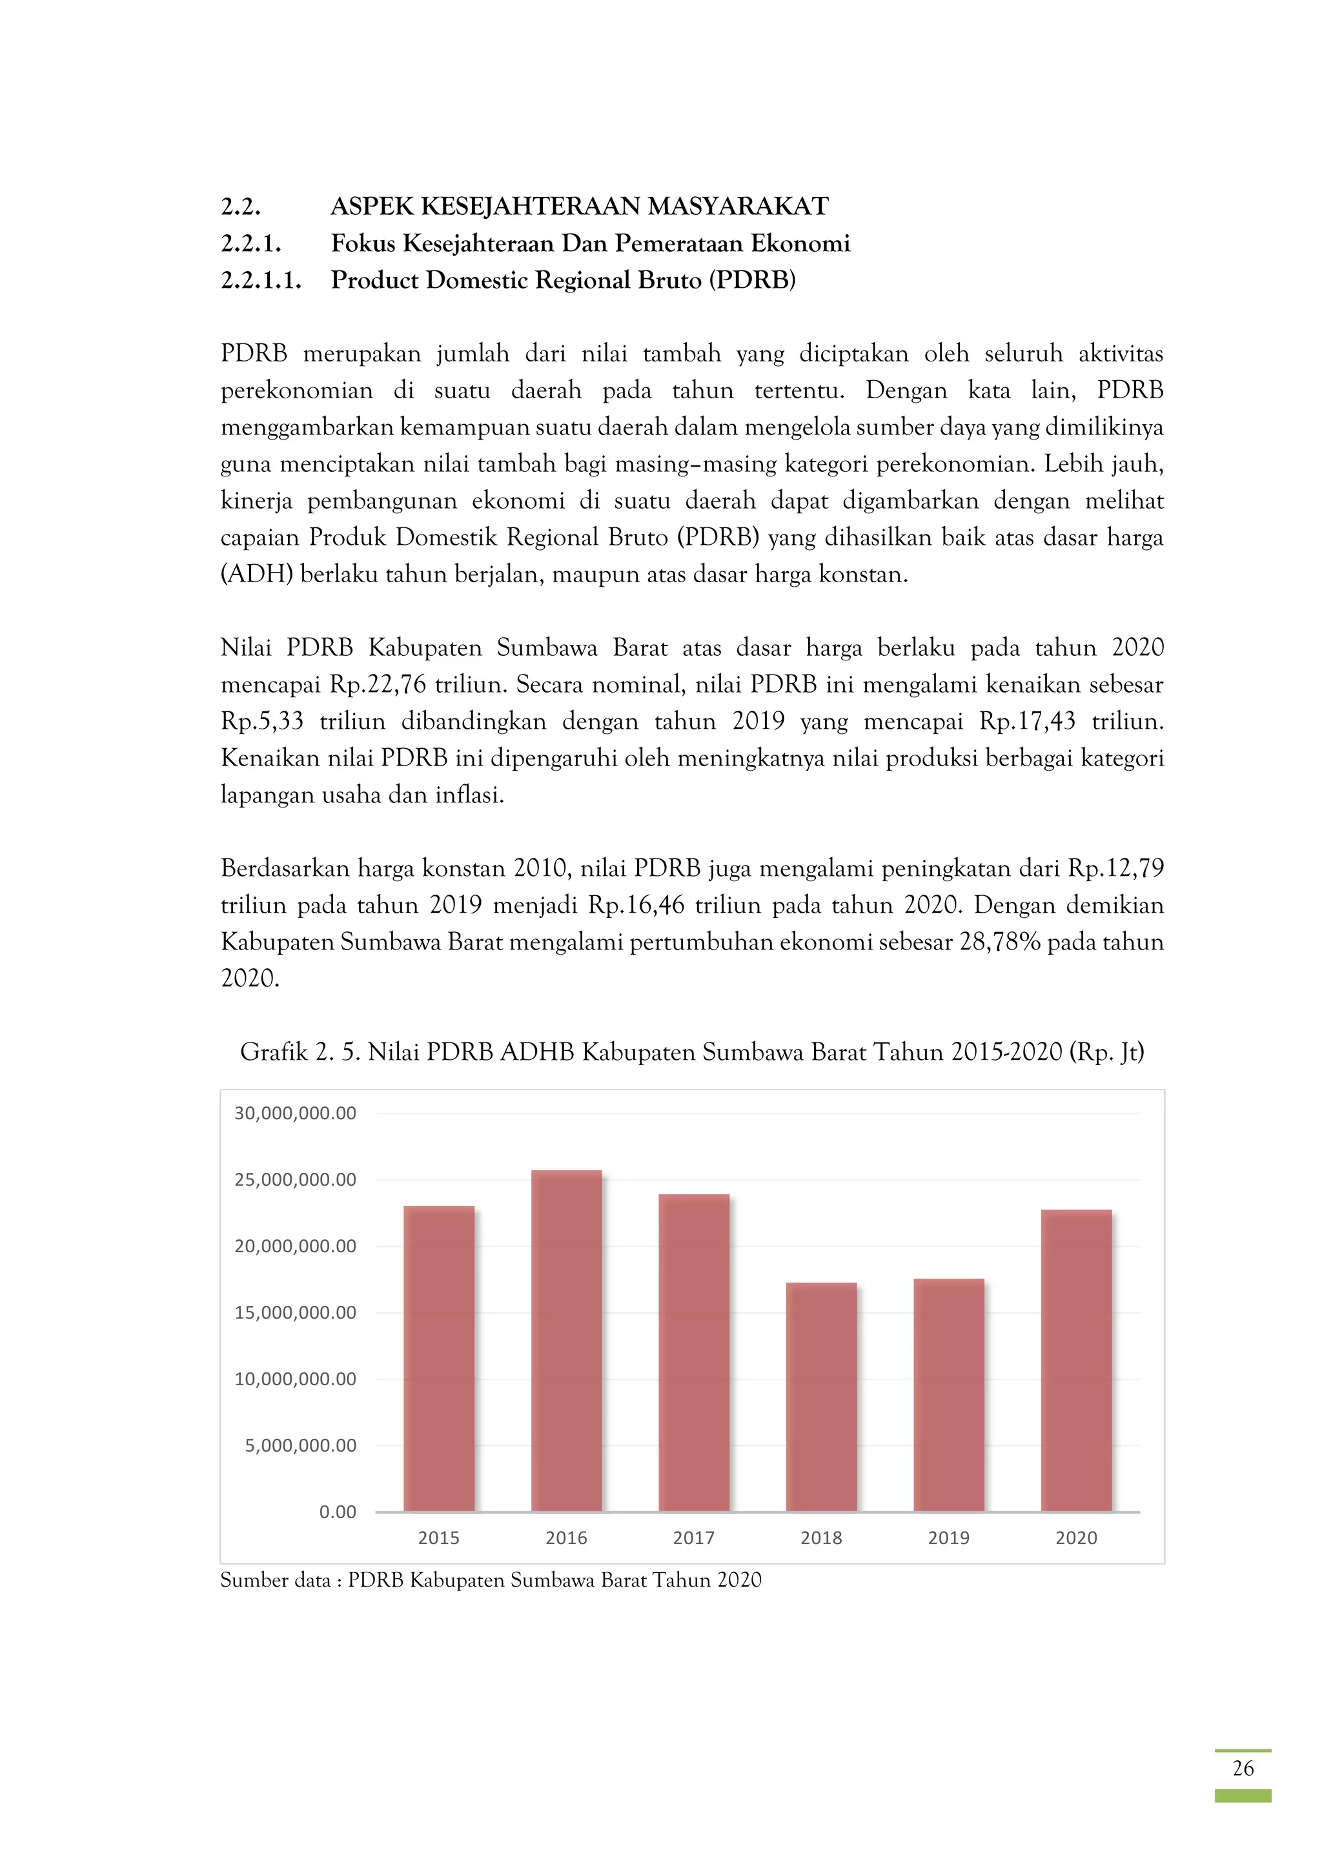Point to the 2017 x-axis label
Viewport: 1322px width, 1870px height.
(x=693, y=1538)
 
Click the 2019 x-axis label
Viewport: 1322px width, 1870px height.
(x=948, y=1538)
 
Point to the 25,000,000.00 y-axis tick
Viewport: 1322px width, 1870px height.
(x=295, y=1180)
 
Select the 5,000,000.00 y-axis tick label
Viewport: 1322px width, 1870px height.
(x=301, y=1446)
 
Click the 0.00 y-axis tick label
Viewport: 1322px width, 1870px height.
(x=337, y=1512)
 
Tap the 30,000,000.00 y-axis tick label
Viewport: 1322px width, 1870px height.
(x=295, y=1113)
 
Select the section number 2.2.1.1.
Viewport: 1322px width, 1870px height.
(x=261, y=280)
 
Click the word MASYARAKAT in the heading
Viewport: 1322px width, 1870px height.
(x=738, y=207)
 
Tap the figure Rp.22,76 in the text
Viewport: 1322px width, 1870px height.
(x=378, y=684)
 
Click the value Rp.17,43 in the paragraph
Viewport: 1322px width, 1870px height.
(x=1027, y=722)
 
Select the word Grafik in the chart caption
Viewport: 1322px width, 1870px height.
(x=274, y=1052)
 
